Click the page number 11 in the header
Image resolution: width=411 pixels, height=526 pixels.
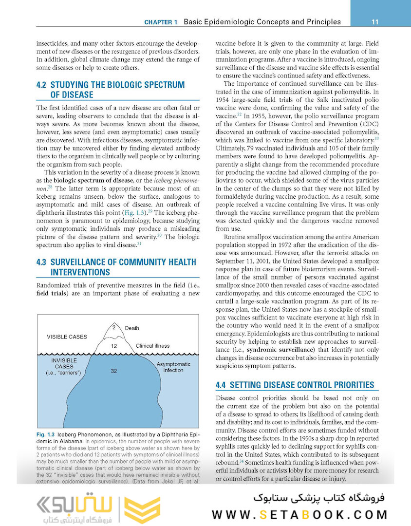point(375,21)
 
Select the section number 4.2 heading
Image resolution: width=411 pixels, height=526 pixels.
point(42,85)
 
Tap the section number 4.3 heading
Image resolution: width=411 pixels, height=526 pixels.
point(42,262)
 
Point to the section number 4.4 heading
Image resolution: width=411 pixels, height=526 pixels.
point(221,385)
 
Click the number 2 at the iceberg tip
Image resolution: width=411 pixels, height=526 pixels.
point(114,327)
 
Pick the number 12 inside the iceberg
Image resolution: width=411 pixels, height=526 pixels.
point(113,346)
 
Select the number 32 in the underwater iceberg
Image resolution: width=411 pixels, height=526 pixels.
point(113,371)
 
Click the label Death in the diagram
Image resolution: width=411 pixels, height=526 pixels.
point(132,328)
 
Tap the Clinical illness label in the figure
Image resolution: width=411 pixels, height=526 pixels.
point(152,346)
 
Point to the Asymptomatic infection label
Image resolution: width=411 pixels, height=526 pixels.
point(173,367)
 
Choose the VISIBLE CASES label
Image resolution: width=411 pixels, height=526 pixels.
point(67,337)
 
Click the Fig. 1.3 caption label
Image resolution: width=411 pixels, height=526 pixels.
point(45,433)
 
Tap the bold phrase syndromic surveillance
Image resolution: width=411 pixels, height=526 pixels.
point(279,350)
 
